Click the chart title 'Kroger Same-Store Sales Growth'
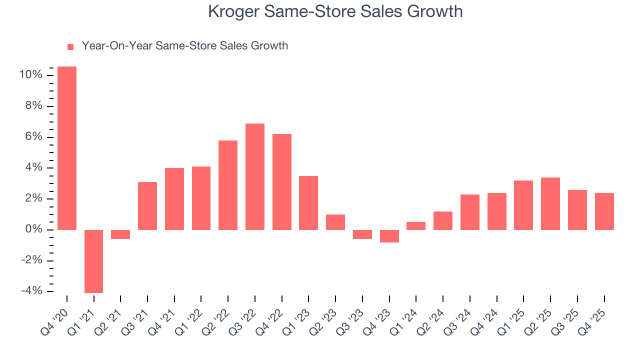point(335,12)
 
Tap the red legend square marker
point(70,46)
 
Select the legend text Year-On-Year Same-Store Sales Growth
point(184,46)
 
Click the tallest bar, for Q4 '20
point(67,148)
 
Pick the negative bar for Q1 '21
point(93,261)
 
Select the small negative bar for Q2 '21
point(120,234)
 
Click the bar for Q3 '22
point(254,176)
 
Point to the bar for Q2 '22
point(228,185)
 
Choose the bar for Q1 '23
point(308,203)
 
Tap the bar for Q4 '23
point(389,236)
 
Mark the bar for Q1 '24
point(416,226)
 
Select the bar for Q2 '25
point(550,203)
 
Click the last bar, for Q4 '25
point(604,211)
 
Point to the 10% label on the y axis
point(31,75)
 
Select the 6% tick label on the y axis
point(33,137)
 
